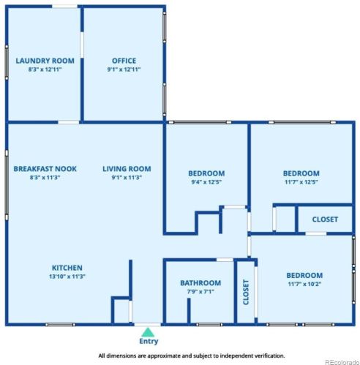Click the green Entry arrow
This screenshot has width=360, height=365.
click(x=148, y=332)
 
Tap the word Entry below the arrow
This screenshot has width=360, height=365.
click(x=149, y=341)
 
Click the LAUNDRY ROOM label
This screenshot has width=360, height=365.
click(x=45, y=61)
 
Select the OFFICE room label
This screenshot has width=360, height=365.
click(x=124, y=61)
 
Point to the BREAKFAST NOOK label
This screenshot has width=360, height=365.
click(x=45, y=169)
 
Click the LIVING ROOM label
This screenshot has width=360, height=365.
click(x=127, y=169)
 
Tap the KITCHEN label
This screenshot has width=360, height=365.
click(x=67, y=268)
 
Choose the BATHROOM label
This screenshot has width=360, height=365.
click(x=200, y=283)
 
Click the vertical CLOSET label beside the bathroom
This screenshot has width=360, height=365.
click(x=246, y=292)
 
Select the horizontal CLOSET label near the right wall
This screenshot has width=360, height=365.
click(x=325, y=219)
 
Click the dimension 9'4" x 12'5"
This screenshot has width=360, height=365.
click(x=206, y=182)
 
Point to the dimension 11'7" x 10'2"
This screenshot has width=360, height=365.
click(x=304, y=284)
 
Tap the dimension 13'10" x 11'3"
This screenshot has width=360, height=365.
click(x=67, y=276)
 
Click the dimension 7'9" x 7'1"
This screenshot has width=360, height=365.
click(x=200, y=292)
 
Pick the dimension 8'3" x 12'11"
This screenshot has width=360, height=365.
click(x=45, y=69)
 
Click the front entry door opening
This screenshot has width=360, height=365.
click(x=148, y=325)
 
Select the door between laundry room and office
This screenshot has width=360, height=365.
click(x=82, y=45)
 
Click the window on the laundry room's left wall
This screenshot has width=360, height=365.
click(x=7, y=62)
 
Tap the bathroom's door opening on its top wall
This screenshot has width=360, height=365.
click(x=225, y=260)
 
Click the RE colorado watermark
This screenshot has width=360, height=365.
click(x=342, y=362)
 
